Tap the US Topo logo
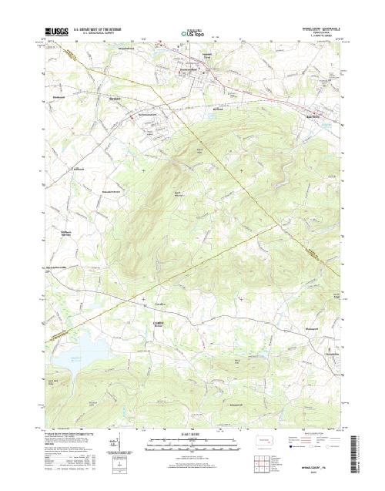(x=193, y=34)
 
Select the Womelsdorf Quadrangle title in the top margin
(x=316, y=29)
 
